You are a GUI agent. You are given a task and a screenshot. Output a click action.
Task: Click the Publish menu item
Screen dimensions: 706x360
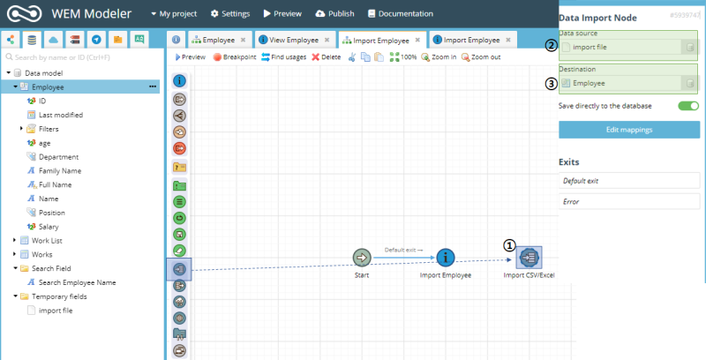click(x=334, y=13)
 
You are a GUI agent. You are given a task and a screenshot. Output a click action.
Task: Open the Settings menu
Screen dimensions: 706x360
click(x=230, y=13)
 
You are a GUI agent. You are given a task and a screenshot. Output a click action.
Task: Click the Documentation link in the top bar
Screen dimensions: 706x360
click(x=401, y=13)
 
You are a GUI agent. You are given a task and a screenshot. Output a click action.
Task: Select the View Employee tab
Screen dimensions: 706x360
click(x=295, y=40)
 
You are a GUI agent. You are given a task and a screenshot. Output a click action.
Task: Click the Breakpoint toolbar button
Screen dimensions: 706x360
click(x=234, y=57)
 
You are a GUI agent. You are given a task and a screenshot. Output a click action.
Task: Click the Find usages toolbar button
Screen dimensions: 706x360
click(x=283, y=57)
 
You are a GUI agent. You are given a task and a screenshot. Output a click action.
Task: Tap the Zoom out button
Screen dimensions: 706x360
click(x=481, y=57)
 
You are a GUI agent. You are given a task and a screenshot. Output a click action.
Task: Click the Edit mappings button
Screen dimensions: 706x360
click(x=629, y=130)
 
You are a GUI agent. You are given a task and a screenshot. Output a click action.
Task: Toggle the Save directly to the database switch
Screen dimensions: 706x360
click(x=688, y=106)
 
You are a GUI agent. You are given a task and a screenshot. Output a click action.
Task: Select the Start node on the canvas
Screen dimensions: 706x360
click(x=362, y=258)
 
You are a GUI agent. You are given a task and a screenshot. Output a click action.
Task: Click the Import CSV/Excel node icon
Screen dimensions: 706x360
click(x=529, y=258)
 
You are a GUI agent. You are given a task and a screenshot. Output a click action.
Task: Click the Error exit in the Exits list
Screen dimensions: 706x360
click(x=629, y=201)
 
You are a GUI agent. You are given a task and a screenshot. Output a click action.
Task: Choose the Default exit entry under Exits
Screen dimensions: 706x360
click(x=629, y=181)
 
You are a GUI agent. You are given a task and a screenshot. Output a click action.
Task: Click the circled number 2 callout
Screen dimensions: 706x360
click(x=551, y=46)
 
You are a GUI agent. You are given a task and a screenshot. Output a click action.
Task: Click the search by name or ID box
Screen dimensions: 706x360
click(x=83, y=57)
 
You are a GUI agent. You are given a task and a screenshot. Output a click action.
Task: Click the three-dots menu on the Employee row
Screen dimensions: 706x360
click(x=153, y=86)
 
